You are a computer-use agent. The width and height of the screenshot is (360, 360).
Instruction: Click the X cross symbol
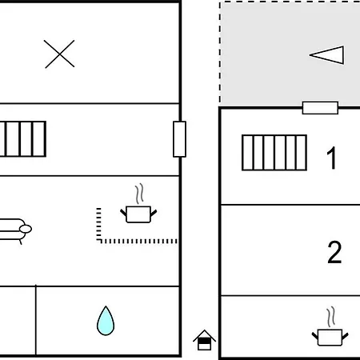click(59, 54)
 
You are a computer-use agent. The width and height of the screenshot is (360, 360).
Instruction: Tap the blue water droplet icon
click(106, 321)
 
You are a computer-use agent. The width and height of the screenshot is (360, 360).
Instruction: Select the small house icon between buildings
click(204, 340)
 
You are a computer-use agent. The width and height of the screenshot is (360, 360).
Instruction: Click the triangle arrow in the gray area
click(327, 55)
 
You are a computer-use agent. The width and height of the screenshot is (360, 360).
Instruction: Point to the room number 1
click(332, 158)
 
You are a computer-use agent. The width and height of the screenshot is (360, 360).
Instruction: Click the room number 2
click(334, 252)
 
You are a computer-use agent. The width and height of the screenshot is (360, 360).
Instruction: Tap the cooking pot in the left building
click(138, 214)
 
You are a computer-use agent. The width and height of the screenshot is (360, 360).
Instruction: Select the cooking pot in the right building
click(330, 338)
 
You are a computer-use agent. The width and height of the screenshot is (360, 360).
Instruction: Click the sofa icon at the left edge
click(15, 230)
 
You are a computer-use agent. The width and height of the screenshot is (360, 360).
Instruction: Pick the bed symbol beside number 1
click(274, 153)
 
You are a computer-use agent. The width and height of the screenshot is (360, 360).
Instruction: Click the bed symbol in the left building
click(23, 139)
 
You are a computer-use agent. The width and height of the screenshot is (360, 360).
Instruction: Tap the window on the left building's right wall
click(179, 139)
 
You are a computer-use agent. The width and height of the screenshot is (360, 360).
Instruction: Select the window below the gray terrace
click(320, 108)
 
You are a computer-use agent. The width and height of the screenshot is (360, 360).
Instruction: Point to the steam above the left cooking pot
click(139, 194)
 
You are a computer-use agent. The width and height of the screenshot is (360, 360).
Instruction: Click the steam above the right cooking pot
click(331, 317)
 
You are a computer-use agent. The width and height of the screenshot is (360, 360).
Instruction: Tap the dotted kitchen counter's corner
click(99, 241)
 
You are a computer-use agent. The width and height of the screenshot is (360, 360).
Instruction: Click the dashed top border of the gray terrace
click(290, 2)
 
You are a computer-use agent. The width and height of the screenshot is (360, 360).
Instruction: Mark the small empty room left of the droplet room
click(18, 321)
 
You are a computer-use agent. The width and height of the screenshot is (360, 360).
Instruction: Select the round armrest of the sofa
click(26, 229)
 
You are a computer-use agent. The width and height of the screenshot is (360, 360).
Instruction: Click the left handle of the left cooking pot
click(123, 213)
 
